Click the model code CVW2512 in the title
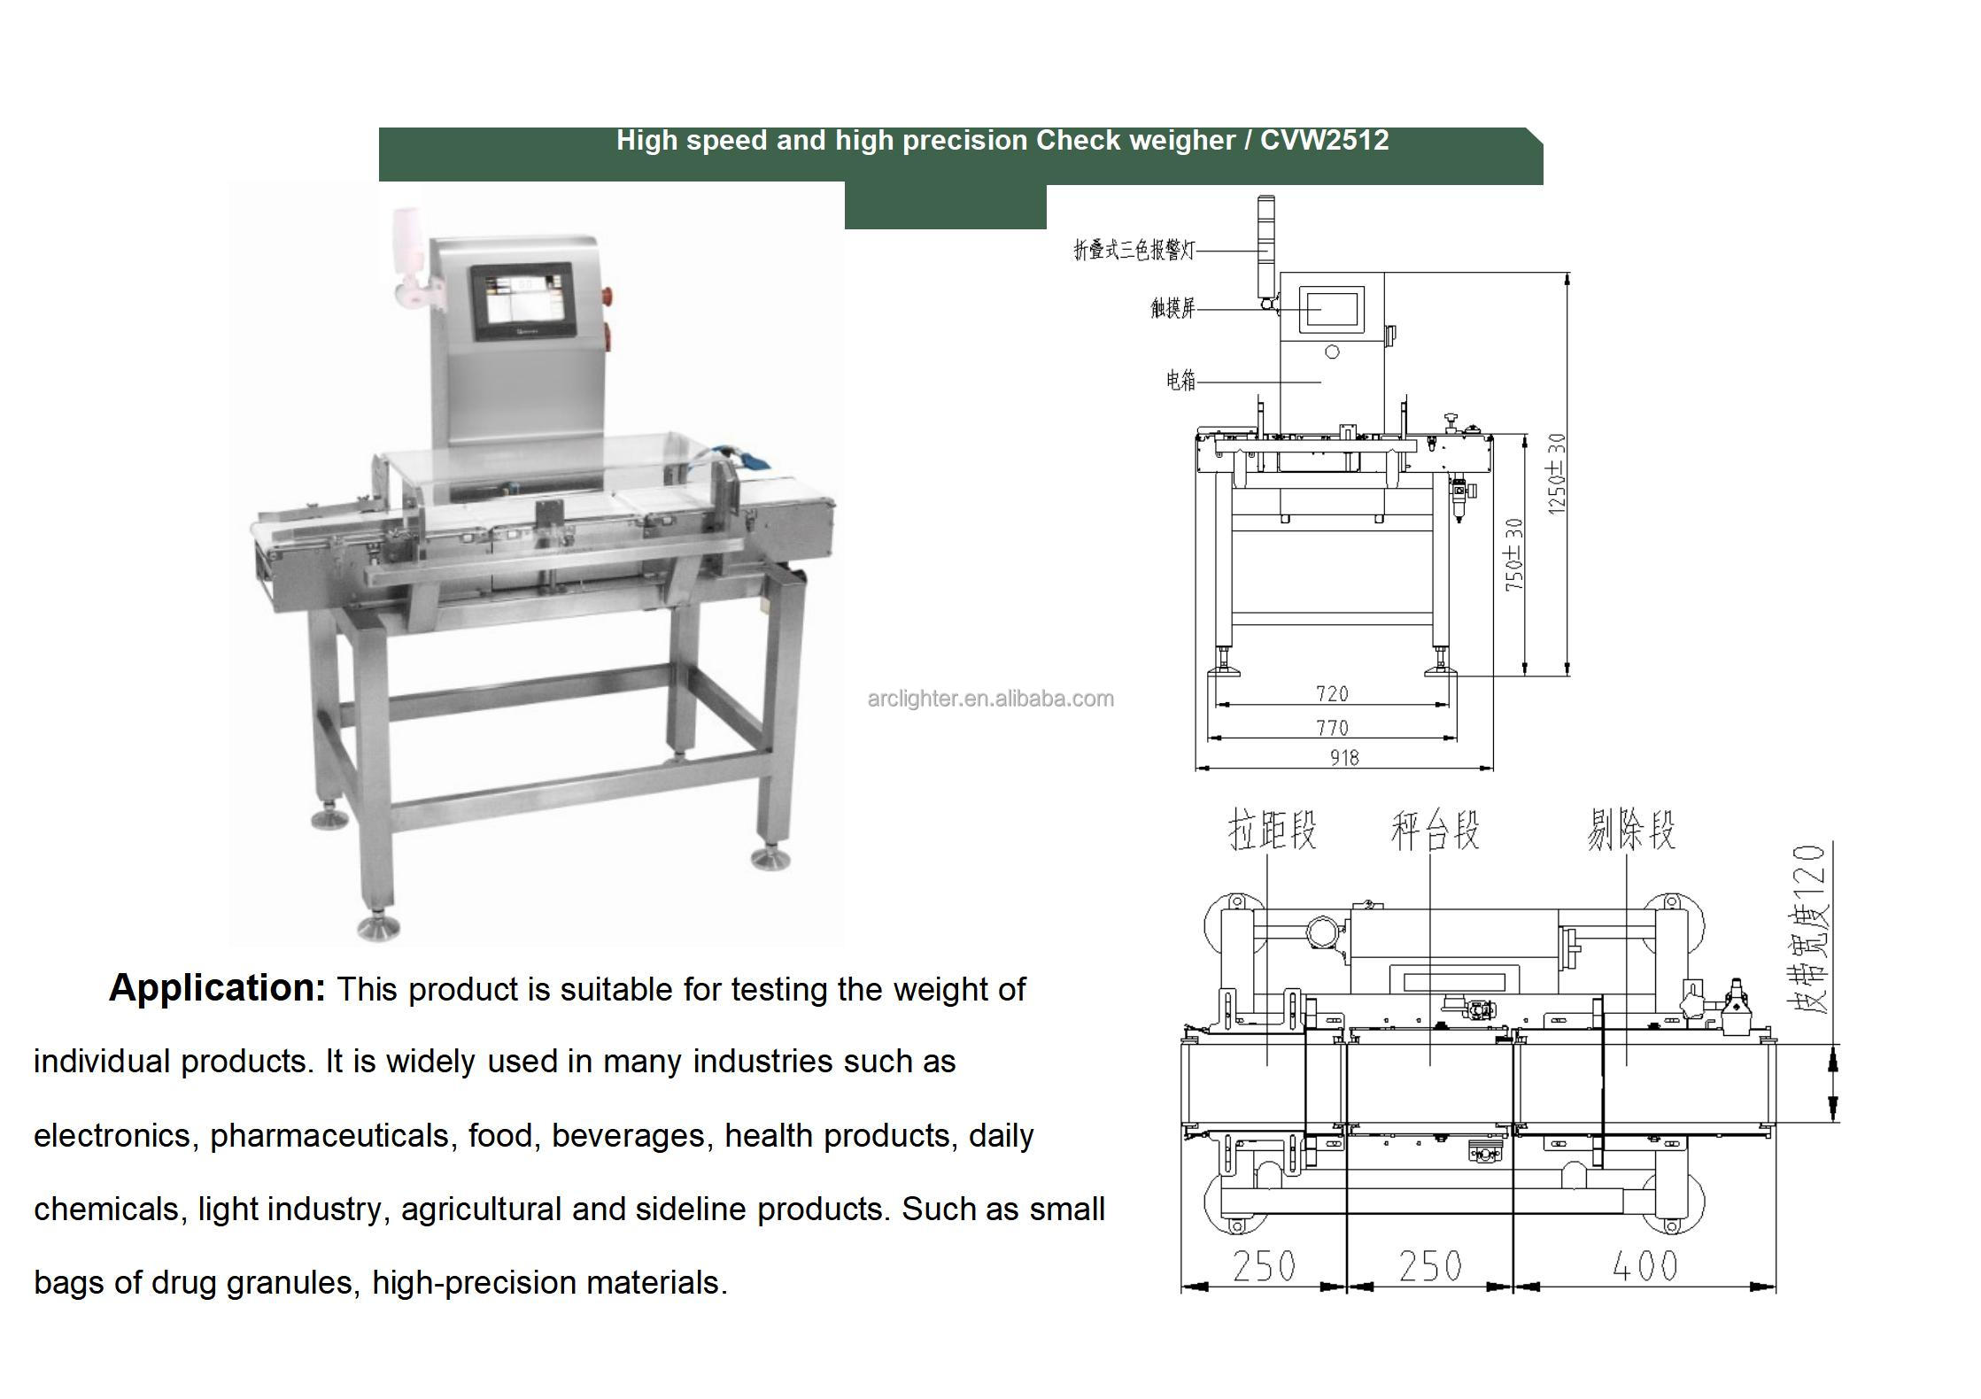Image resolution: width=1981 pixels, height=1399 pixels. tap(1324, 141)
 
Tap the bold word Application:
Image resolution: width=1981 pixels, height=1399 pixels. tap(217, 988)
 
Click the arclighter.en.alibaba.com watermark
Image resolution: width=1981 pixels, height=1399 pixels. tap(990, 699)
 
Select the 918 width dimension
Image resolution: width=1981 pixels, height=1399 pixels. tap(1343, 757)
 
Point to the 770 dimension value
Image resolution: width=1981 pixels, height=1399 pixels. tap(1332, 728)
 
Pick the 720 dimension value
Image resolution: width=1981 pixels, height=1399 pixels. tap(1332, 694)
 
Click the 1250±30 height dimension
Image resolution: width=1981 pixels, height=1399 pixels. tap(1556, 474)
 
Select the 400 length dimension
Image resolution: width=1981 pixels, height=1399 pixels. tap(1644, 1266)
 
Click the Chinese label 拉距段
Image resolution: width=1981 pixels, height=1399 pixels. tap(1272, 831)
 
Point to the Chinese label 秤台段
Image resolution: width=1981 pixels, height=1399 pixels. tap(1435, 831)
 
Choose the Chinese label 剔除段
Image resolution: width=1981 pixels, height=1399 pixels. tap(1630, 831)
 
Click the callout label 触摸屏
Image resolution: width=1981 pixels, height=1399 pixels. tap(1172, 308)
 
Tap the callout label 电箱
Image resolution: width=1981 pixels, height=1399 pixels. tap(1180, 381)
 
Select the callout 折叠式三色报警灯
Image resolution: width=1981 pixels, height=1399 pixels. tap(1134, 251)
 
